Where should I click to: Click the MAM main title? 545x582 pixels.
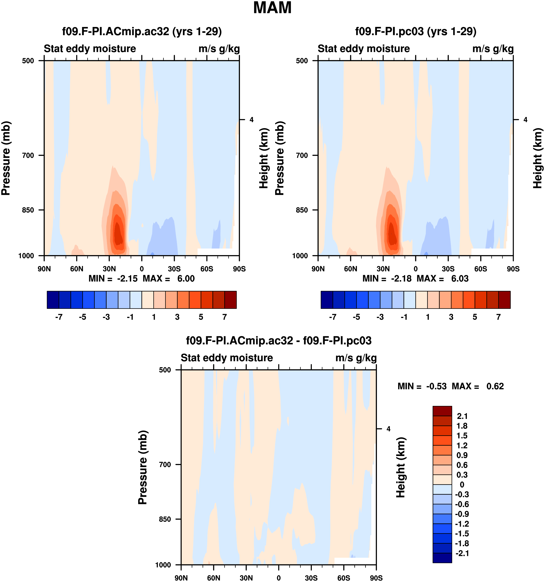point(272,8)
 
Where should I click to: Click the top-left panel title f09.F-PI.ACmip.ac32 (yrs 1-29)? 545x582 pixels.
point(142,31)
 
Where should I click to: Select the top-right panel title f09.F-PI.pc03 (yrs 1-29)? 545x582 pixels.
point(416,31)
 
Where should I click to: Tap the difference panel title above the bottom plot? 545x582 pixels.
point(279,340)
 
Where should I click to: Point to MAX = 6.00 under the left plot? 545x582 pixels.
point(169,278)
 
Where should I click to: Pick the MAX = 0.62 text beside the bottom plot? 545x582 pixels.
point(478,386)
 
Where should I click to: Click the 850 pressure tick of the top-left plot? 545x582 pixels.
point(28,210)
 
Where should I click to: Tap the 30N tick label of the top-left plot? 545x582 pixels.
point(109,269)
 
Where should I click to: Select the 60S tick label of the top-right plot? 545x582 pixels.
point(481,269)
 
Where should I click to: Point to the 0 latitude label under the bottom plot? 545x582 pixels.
point(279,578)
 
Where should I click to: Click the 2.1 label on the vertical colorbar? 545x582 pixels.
point(462,416)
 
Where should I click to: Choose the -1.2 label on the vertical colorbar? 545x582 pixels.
point(462,524)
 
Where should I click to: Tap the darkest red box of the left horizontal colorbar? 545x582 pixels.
point(230,300)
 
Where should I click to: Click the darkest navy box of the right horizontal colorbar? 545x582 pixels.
point(327,300)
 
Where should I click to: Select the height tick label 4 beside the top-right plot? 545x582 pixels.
point(525,120)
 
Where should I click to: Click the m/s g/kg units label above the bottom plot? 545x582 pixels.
point(356,358)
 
